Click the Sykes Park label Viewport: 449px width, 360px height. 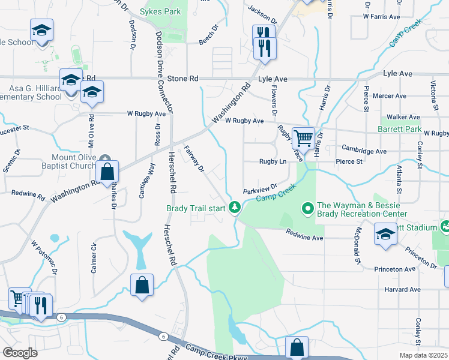(160, 11)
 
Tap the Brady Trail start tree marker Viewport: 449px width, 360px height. (235, 208)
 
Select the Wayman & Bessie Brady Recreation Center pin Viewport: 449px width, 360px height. (308, 209)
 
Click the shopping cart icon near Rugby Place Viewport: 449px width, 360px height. (303, 138)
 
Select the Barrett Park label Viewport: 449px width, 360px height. (399, 129)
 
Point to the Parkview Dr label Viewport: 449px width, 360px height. (260, 189)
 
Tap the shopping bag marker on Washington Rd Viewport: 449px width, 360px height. (106, 171)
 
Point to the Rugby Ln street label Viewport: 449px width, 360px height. (272, 161)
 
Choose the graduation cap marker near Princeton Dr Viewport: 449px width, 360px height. (385, 235)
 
